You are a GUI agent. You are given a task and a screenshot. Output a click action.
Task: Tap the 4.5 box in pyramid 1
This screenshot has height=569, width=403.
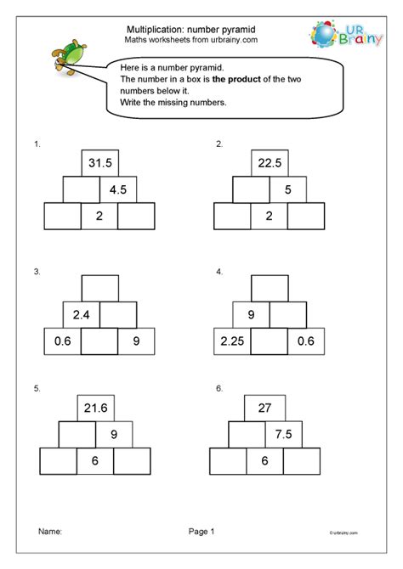coord(118,190)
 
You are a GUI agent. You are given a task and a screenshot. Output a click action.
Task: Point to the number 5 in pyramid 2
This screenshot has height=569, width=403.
coord(288,190)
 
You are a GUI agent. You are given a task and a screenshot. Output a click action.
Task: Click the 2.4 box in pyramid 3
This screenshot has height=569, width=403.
coord(82,315)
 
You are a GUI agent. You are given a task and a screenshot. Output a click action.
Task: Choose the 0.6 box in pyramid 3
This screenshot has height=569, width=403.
coord(62,342)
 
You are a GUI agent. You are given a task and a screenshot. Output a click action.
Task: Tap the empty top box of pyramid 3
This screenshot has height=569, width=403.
coord(99,289)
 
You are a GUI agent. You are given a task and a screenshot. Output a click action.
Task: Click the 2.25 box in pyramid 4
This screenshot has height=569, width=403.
coord(232,342)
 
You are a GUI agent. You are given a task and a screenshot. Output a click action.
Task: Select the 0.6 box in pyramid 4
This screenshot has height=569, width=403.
coord(305,342)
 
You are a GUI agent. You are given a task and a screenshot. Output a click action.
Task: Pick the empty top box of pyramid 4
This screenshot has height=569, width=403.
coord(270,289)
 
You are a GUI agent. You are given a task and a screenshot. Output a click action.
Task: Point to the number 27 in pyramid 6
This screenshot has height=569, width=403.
coord(264,408)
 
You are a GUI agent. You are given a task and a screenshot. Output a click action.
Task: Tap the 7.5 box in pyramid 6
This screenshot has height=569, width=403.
coord(283,435)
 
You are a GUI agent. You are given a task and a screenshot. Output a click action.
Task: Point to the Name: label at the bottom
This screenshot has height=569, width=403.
coord(50,532)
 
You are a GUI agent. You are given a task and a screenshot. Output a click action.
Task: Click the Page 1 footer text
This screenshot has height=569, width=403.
coord(201,532)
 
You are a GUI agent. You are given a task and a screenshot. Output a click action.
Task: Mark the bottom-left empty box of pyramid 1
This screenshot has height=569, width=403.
coord(62,217)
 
